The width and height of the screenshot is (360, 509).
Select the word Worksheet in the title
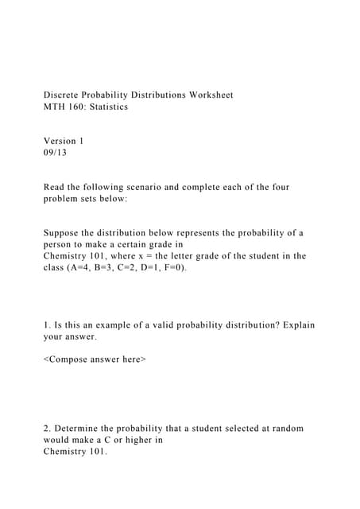(211, 95)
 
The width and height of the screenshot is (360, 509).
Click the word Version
(60, 141)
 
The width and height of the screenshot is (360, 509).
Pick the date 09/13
(56, 153)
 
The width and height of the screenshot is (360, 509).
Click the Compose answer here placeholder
(95, 359)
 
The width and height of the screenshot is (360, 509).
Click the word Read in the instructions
(55, 187)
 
